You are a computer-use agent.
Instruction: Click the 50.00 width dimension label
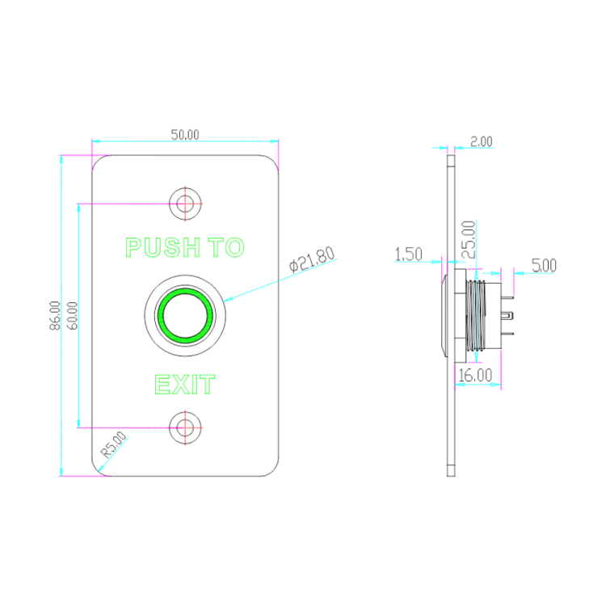pos(185,135)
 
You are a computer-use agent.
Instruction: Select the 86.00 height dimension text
pos(55,316)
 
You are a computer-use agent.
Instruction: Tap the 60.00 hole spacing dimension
pos(72,316)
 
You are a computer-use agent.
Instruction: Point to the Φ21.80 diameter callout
pos(312,259)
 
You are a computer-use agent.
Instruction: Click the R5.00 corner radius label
pos(114,444)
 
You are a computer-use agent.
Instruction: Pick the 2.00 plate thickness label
pos(482,142)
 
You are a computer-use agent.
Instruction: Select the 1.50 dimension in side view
pos(408,255)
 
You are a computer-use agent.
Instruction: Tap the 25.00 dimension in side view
pos(469,239)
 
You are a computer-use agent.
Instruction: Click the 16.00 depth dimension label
pos(475,375)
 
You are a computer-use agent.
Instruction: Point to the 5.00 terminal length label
pos(544,266)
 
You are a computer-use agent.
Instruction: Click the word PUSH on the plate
pos(162,247)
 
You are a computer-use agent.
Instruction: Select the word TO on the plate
pos(226,247)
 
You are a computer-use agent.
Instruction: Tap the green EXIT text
pos(185,385)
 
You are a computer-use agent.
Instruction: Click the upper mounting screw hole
pos(185,204)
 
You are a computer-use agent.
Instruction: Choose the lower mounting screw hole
pos(185,427)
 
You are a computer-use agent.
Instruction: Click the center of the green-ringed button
pos(185,316)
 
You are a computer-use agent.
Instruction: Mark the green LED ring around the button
pos(185,316)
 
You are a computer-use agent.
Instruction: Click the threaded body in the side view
pos(476,316)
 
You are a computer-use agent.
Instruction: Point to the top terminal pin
pos(507,297)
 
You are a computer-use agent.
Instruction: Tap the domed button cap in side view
pos(444,316)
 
